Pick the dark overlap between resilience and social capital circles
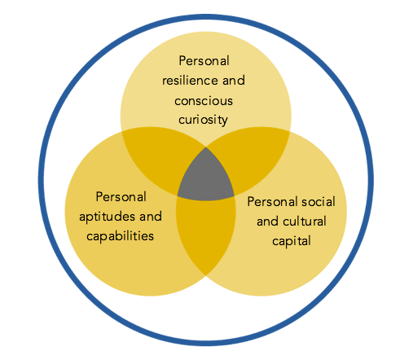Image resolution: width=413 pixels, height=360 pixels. click(255, 156)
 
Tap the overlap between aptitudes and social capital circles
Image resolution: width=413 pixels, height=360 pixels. click(206, 234)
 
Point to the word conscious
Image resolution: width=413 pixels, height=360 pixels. click(204, 101)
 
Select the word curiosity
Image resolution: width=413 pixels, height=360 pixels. click(203, 121)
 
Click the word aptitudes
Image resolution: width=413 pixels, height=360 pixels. click(107, 217)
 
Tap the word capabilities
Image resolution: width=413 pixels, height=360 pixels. click(120, 236)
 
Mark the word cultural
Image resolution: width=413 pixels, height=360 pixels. click(305, 222)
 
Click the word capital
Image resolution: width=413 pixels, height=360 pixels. click(292, 241)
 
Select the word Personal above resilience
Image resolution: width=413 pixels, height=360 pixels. click(204, 61)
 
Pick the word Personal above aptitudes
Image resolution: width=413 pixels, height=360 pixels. click(121, 197)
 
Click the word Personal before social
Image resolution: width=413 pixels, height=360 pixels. click(272, 202)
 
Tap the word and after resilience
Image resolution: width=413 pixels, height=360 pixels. click(234, 81)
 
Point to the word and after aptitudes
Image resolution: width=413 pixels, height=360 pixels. click(151, 217)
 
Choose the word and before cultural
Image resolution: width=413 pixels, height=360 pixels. click(267, 222)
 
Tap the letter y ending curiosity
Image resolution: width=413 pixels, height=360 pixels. click(225, 121)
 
